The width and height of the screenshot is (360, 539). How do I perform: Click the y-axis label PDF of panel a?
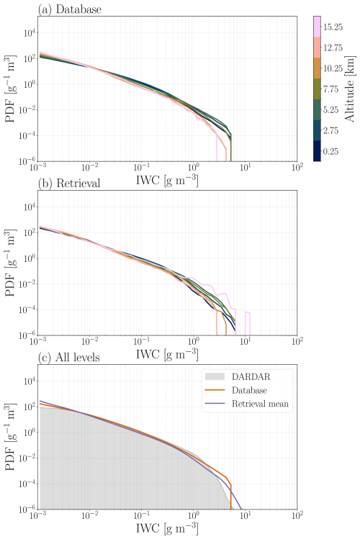tap(9, 88)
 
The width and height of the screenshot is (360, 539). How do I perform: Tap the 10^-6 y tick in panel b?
tap(27, 335)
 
